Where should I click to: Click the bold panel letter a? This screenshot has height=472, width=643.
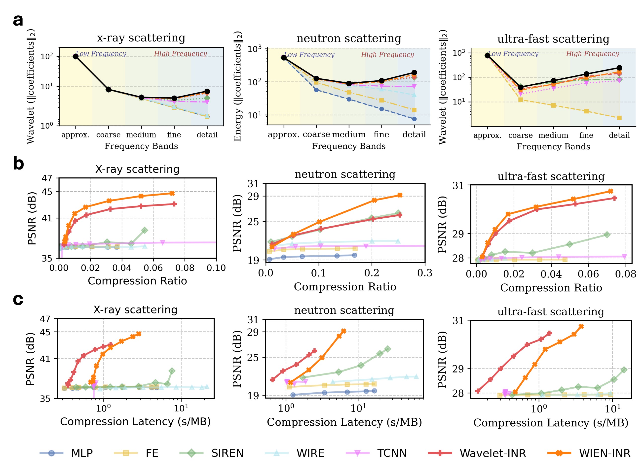pos(18,21)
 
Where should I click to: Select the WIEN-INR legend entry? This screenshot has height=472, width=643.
pos(605,453)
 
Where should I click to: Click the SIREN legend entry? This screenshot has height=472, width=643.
pos(227,453)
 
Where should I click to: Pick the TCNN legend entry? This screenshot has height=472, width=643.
pos(391,453)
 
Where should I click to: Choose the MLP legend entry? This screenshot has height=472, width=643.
pos(81,453)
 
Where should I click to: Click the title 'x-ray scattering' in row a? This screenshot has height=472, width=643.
pos(141,38)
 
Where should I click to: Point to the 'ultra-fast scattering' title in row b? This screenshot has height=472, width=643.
pos(551,176)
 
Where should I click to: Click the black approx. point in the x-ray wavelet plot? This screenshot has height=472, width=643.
pos(76,56)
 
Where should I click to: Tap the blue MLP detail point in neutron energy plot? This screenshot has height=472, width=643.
pos(414,119)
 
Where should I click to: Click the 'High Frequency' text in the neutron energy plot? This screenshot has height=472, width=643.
pos(387,55)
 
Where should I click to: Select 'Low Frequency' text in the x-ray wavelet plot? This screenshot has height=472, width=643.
pos(101,54)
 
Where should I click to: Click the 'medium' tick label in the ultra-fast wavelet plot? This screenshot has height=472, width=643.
pos(553,135)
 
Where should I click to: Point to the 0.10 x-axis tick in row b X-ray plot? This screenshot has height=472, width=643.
pos(216,268)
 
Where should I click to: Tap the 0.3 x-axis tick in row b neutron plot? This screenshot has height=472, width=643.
pos(424,273)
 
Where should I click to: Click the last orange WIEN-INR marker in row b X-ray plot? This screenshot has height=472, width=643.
pos(172,193)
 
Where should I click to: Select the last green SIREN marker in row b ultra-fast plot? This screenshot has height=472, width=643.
pos(607,235)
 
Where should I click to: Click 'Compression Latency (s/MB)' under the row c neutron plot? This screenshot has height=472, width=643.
pos(344,422)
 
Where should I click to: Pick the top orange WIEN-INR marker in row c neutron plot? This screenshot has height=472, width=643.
pos(344,331)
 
